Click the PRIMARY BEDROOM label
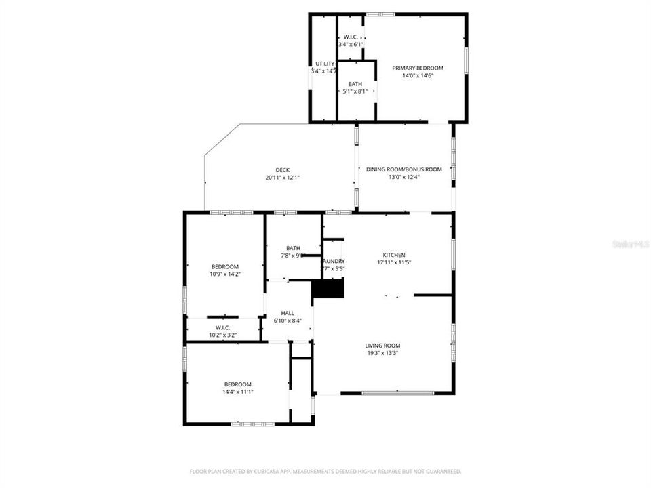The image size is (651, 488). click(x=418, y=68)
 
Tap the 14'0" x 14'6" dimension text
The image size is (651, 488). click(x=418, y=75)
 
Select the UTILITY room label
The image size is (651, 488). click(x=324, y=64)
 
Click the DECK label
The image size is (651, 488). click(x=282, y=170)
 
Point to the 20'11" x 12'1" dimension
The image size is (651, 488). click(x=282, y=178)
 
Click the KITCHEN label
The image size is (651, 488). click(x=394, y=255)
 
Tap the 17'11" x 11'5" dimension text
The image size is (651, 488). click(x=394, y=262)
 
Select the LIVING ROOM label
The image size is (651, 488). click(x=383, y=345)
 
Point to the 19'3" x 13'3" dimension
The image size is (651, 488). click(x=383, y=352)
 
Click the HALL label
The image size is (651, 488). click(x=288, y=313)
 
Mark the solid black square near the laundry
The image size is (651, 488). click(x=328, y=289)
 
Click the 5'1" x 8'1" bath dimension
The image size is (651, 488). click(x=355, y=91)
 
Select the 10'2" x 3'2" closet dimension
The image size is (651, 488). click(x=223, y=334)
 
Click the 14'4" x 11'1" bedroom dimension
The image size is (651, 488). click(x=237, y=391)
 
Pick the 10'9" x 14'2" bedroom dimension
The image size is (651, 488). click(x=224, y=274)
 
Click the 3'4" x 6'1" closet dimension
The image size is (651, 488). click(x=351, y=44)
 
